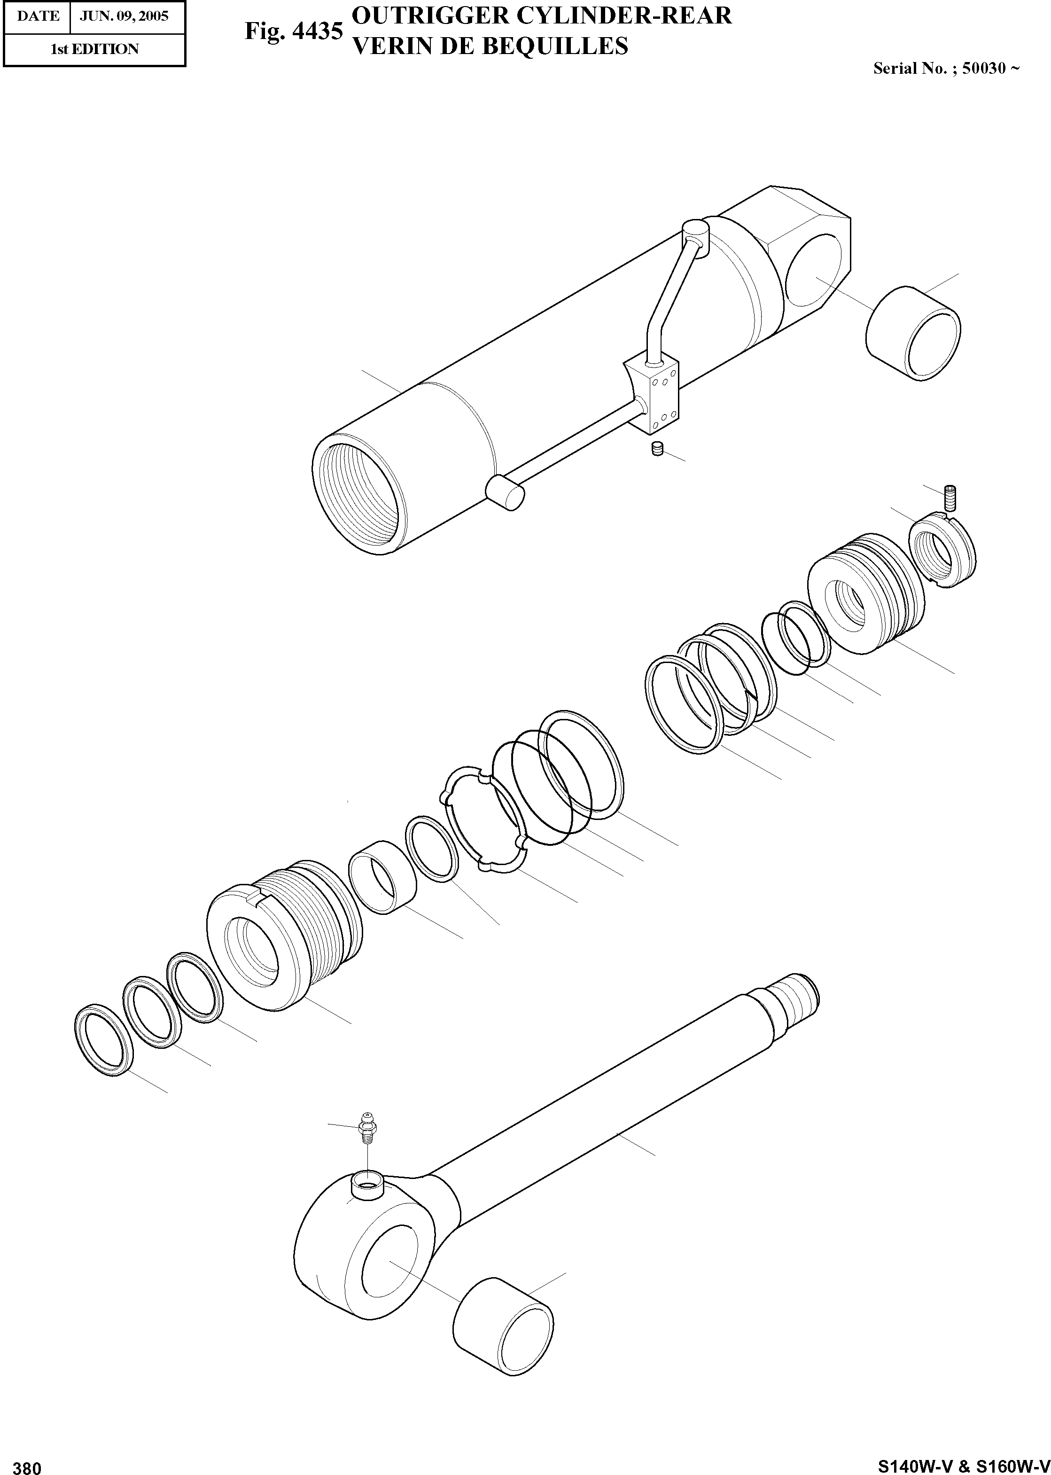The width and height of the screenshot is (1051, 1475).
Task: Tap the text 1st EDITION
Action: coord(94,49)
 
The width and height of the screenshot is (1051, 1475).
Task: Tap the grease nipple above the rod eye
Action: coord(367,1127)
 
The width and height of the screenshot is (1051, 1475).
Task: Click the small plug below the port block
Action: coord(658,448)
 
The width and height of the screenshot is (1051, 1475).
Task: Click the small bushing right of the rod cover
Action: coord(382,883)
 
